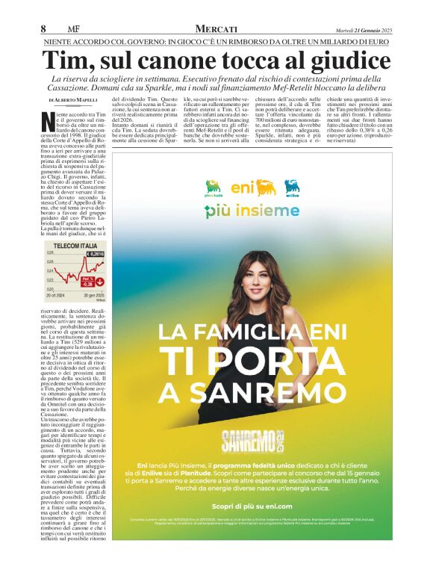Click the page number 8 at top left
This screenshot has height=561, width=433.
tap(45, 28)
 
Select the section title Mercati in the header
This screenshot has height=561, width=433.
tap(216, 28)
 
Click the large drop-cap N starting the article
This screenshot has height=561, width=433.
tap(49, 120)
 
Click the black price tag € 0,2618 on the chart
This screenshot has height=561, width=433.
tap(94, 255)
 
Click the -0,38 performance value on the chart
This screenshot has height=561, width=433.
tap(87, 284)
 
